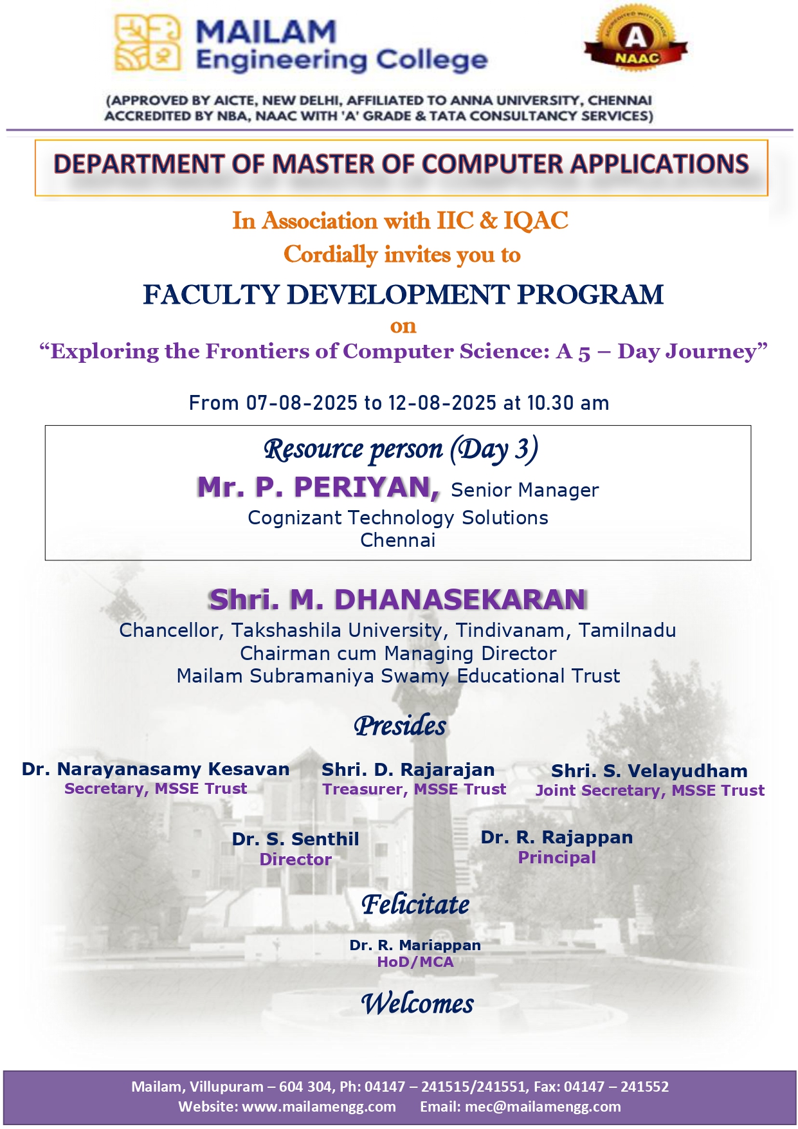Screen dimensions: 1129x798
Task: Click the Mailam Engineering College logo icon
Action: pyautogui.click(x=147, y=43)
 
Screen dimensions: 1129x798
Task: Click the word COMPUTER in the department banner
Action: pyautogui.click(x=492, y=164)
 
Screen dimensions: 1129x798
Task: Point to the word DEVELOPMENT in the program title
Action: pyautogui.click(x=398, y=295)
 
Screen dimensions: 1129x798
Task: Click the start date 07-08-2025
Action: pyautogui.click(x=302, y=403)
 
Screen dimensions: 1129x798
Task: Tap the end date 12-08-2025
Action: pyautogui.click(x=442, y=403)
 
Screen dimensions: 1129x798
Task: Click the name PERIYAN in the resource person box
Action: pyautogui.click(x=367, y=488)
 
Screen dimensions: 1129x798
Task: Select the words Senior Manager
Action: pyautogui.click(x=525, y=490)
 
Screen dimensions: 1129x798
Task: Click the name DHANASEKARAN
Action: pyautogui.click(x=460, y=600)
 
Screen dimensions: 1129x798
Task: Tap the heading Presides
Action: pyautogui.click(x=399, y=726)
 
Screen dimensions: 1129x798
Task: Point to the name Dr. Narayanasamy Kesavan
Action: pyautogui.click(x=156, y=769)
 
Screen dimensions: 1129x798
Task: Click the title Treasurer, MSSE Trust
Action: pyautogui.click(x=414, y=789)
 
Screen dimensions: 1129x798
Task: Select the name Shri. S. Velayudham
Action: pyautogui.click(x=649, y=771)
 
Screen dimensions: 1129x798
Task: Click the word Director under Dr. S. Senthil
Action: pyautogui.click(x=296, y=859)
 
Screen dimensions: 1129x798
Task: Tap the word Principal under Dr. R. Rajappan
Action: pyautogui.click(x=557, y=858)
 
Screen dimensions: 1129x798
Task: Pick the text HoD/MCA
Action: pyautogui.click(x=415, y=962)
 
